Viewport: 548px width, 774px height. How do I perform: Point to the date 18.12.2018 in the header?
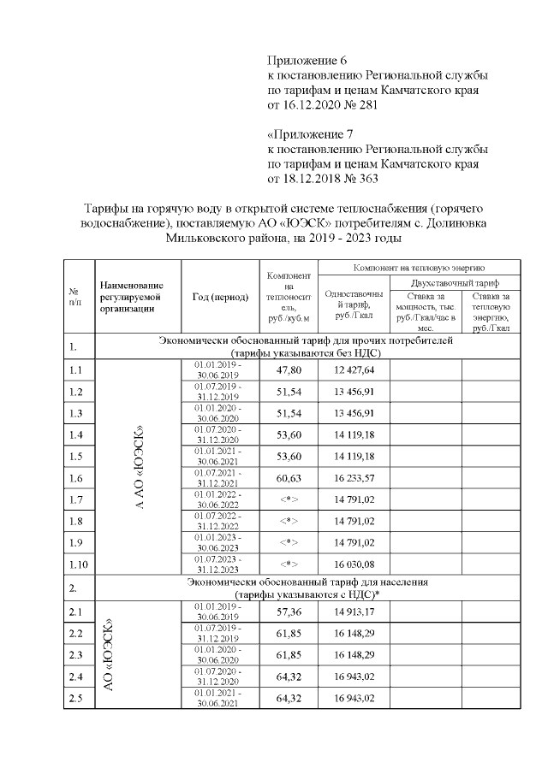point(312,180)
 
